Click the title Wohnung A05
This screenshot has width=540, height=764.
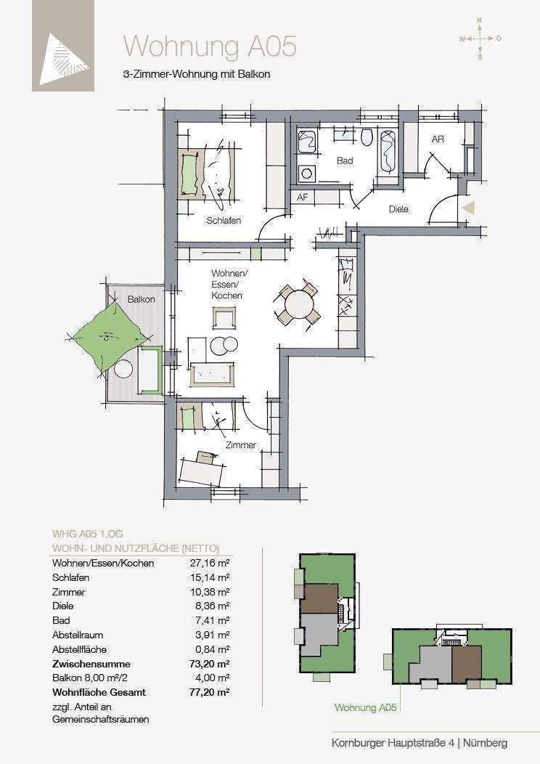coord(210,46)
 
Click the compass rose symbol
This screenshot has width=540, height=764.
coord(480,38)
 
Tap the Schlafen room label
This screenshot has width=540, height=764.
coord(224,221)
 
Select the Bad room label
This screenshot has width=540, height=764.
coord(345,160)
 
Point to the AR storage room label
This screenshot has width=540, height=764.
coord(438,139)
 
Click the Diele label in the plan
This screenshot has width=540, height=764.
coord(398,209)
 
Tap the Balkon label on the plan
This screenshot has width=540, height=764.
coord(142,299)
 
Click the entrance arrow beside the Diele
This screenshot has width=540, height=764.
coord(467,208)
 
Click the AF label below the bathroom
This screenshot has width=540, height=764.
coord(303,198)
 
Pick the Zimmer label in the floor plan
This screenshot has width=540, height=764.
coord(240,445)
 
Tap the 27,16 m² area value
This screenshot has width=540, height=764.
coord(209,564)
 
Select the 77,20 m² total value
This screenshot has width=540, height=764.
coord(209,692)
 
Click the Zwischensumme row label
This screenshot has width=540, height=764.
coord(91,664)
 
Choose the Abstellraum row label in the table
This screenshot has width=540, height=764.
coord(78,635)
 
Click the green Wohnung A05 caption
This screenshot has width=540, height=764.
coord(365,708)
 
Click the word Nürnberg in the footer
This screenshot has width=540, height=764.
coord(485,743)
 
